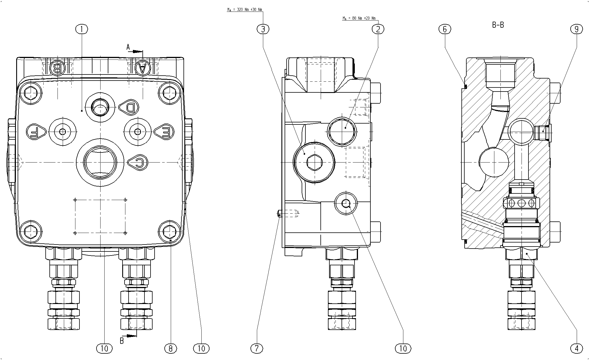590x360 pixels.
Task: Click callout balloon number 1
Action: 82,29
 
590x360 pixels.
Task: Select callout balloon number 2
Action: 378,29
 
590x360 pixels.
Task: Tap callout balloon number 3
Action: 263,29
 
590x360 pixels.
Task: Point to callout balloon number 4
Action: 577,349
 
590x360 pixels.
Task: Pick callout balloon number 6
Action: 445,29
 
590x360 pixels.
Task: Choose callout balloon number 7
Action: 257,349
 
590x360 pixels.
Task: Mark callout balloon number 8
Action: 170,349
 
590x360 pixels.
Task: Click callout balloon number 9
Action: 577,29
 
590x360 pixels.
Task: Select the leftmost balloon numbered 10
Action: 104,349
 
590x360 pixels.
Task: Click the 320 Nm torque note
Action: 245,10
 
